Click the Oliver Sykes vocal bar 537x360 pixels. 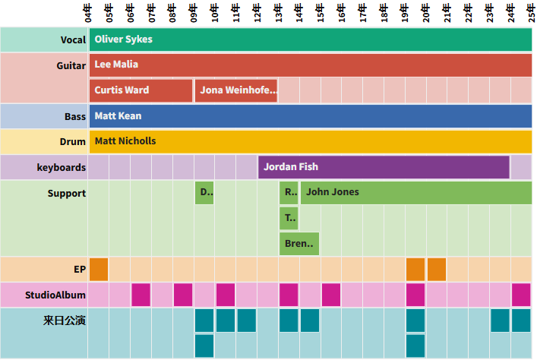pos(310,39)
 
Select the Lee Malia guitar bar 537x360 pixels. pos(310,65)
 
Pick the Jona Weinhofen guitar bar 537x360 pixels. pos(236,90)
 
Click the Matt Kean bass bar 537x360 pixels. pos(310,116)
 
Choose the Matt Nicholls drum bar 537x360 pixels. pos(310,141)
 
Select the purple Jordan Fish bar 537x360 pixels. pos(384,167)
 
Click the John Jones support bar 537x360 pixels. pos(416,193)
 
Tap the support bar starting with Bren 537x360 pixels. pos(299,244)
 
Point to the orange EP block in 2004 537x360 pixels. pos(99,270)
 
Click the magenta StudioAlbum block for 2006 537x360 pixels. pos(141,295)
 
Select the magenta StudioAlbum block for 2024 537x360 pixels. pos(521,295)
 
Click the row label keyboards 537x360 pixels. pos(62,167)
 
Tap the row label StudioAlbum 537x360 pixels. pos(55,295)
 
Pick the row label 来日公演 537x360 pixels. pos(65,321)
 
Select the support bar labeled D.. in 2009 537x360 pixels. pos(204,193)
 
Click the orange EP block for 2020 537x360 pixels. pos(437,270)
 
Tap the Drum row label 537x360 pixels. pos(73,141)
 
